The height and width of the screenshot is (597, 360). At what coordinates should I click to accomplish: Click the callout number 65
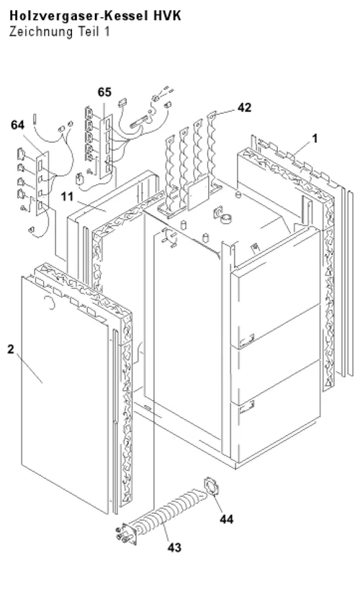[x=104, y=92]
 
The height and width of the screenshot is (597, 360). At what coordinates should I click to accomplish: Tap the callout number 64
[x=17, y=125]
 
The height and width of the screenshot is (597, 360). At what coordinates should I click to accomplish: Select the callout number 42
[x=244, y=108]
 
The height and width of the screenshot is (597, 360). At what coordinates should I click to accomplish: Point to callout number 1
[x=315, y=138]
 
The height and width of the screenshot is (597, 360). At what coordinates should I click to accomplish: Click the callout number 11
[x=67, y=197]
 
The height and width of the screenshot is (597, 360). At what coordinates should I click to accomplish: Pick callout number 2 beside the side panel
[x=11, y=349]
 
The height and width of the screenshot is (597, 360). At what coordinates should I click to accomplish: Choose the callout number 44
[x=226, y=519]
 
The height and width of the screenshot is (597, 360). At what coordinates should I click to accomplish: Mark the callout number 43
[x=174, y=547]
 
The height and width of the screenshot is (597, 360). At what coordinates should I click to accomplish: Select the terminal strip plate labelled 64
[x=42, y=183]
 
